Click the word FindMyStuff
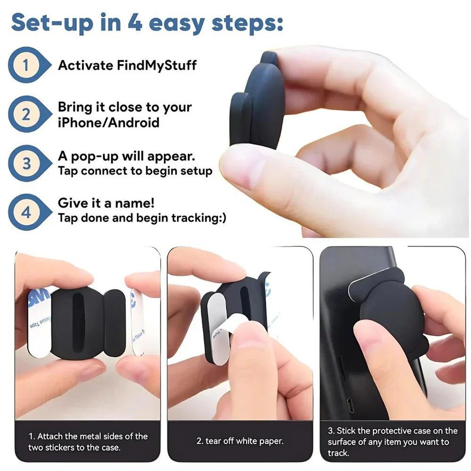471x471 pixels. pos(156,65)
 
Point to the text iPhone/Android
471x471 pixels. pos(108,122)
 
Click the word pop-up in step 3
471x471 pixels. pos(95,157)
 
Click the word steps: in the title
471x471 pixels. pos(247,24)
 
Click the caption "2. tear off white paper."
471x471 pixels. pos(240,441)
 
